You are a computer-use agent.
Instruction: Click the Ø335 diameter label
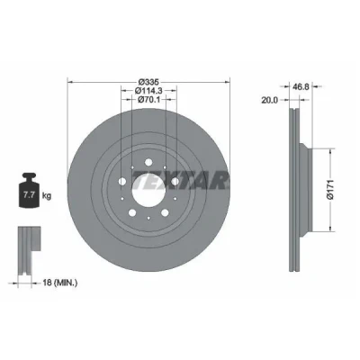tap(148, 82)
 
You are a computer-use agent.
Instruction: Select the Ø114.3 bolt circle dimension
tap(148, 90)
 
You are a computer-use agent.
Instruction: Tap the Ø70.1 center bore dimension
tap(148, 99)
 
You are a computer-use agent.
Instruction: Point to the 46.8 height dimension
tap(301, 86)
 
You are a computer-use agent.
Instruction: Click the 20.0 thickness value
tap(269, 100)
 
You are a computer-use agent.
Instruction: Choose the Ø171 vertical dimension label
tap(330, 190)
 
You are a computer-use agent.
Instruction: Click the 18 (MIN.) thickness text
tap(58, 283)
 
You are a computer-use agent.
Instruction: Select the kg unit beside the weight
tap(47, 196)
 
